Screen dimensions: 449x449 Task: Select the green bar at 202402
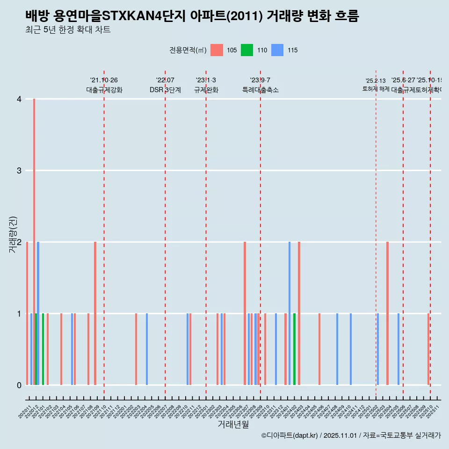point(294,349)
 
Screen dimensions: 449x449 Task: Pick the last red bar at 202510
point(428,349)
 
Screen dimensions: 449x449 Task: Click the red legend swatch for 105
point(217,50)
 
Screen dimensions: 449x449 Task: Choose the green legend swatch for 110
point(247,50)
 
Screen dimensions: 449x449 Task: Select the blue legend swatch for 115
point(277,50)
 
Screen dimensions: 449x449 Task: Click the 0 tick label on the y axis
point(19,385)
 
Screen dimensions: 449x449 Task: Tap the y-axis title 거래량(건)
point(13,234)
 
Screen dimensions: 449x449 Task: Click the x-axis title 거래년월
point(233,424)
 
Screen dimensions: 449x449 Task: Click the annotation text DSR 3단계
point(165,90)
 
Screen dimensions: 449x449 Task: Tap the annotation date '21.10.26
point(104,80)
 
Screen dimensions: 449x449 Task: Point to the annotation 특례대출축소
point(260,90)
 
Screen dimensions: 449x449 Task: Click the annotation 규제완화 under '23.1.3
point(206,90)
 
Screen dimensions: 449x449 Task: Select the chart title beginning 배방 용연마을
point(192,16)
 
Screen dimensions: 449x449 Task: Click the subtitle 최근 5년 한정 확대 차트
point(68,30)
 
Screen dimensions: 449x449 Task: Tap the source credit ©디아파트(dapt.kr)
point(290,435)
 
